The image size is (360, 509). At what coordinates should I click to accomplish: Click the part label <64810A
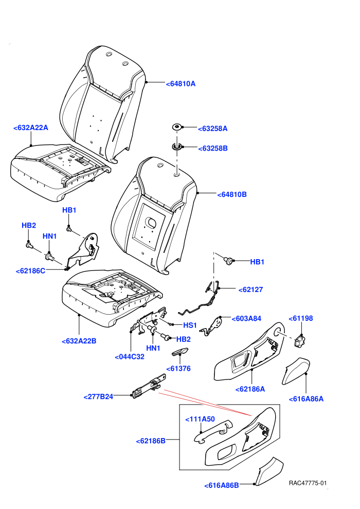(x=181, y=84)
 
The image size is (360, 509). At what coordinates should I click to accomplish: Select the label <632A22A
(x=31, y=128)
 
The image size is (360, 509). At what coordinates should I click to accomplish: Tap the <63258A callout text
(x=213, y=129)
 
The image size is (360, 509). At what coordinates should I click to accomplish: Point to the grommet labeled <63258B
(x=176, y=147)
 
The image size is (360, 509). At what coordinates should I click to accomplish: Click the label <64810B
(x=232, y=194)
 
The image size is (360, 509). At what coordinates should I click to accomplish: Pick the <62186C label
(x=30, y=271)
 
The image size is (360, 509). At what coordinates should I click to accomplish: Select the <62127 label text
(x=250, y=289)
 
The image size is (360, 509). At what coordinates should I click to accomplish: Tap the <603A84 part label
(x=246, y=319)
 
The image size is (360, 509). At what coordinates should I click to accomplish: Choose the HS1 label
(x=190, y=325)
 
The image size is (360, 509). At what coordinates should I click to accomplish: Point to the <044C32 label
(x=130, y=357)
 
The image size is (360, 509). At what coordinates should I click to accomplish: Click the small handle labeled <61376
(x=180, y=352)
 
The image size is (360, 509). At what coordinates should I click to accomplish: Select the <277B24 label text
(x=98, y=397)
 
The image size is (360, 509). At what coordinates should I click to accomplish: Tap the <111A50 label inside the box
(x=200, y=419)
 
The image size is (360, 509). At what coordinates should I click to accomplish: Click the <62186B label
(x=151, y=441)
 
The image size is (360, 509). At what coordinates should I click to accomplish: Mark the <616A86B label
(x=222, y=486)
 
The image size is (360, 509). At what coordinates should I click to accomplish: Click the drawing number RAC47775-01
(x=308, y=483)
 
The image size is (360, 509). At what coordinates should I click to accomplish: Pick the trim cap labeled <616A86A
(x=296, y=372)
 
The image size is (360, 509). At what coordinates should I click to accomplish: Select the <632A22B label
(x=79, y=341)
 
